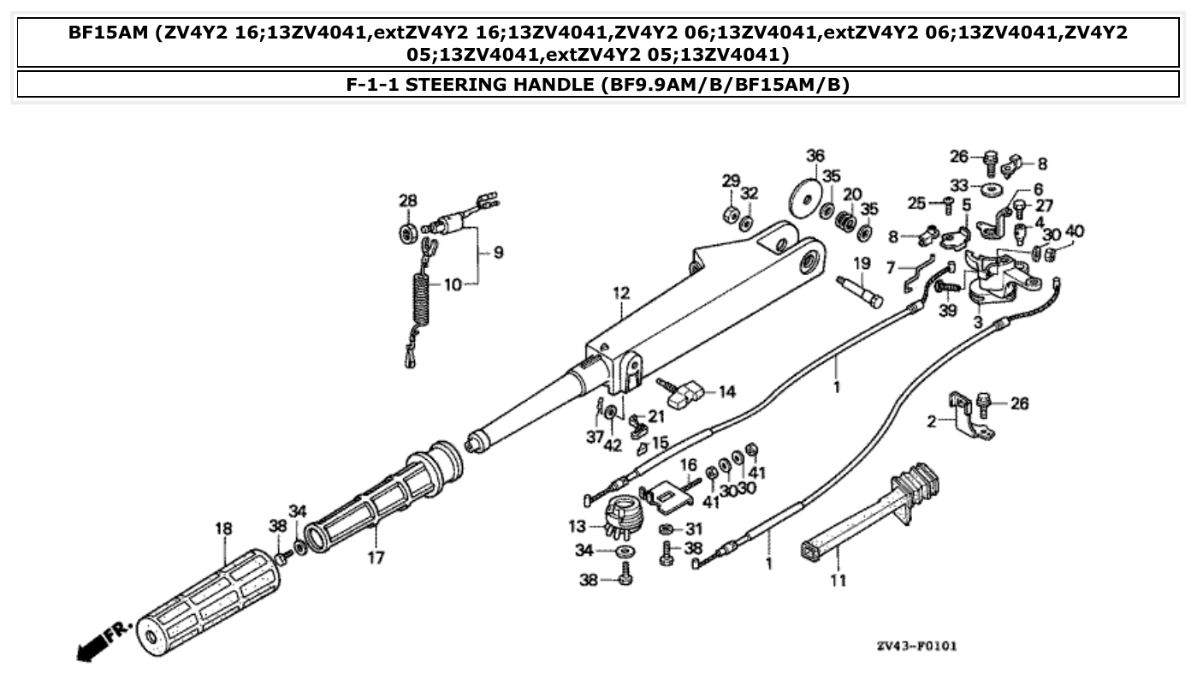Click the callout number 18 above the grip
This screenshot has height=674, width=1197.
[222, 529]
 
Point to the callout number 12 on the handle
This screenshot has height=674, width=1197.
[620, 294]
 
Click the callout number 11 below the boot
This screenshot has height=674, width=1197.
[838, 581]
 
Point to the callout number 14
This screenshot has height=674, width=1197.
[726, 392]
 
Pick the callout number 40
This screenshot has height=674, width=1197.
[1075, 231]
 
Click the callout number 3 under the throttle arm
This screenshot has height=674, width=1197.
[977, 323]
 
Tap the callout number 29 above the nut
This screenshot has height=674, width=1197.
[730, 181]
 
